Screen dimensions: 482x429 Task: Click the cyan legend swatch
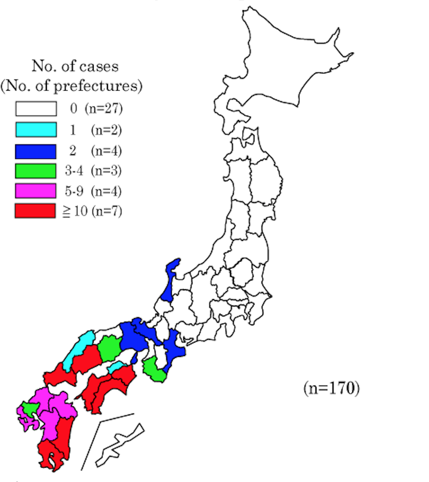(x=36, y=130)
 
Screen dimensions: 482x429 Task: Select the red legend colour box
(x=36, y=211)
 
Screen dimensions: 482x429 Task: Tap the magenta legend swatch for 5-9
(x=36, y=190)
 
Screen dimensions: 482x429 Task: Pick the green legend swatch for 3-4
(x=36, y=170)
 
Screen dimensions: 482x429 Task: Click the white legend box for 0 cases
(x=36, y=109)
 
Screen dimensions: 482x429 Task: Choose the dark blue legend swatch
(x=36, y=151)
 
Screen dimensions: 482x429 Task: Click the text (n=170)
(x=331, y=389)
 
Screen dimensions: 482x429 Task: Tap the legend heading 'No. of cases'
(x=75, y=66)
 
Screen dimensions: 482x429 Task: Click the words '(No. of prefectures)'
(x=71, y=86)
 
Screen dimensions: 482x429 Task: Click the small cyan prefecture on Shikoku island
(x=116, y=367)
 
